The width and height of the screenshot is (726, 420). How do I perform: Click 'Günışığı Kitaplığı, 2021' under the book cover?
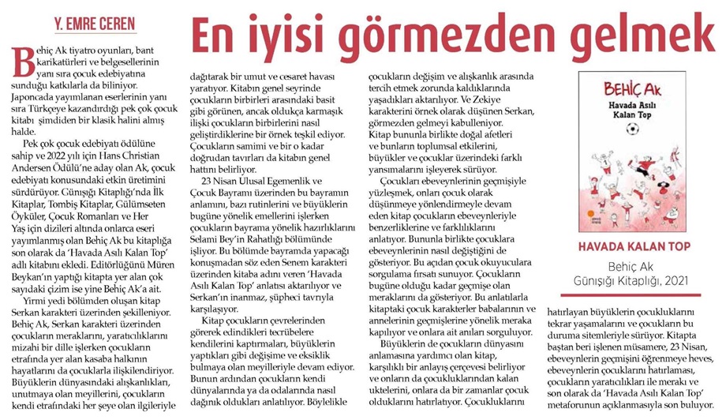point(635,282)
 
